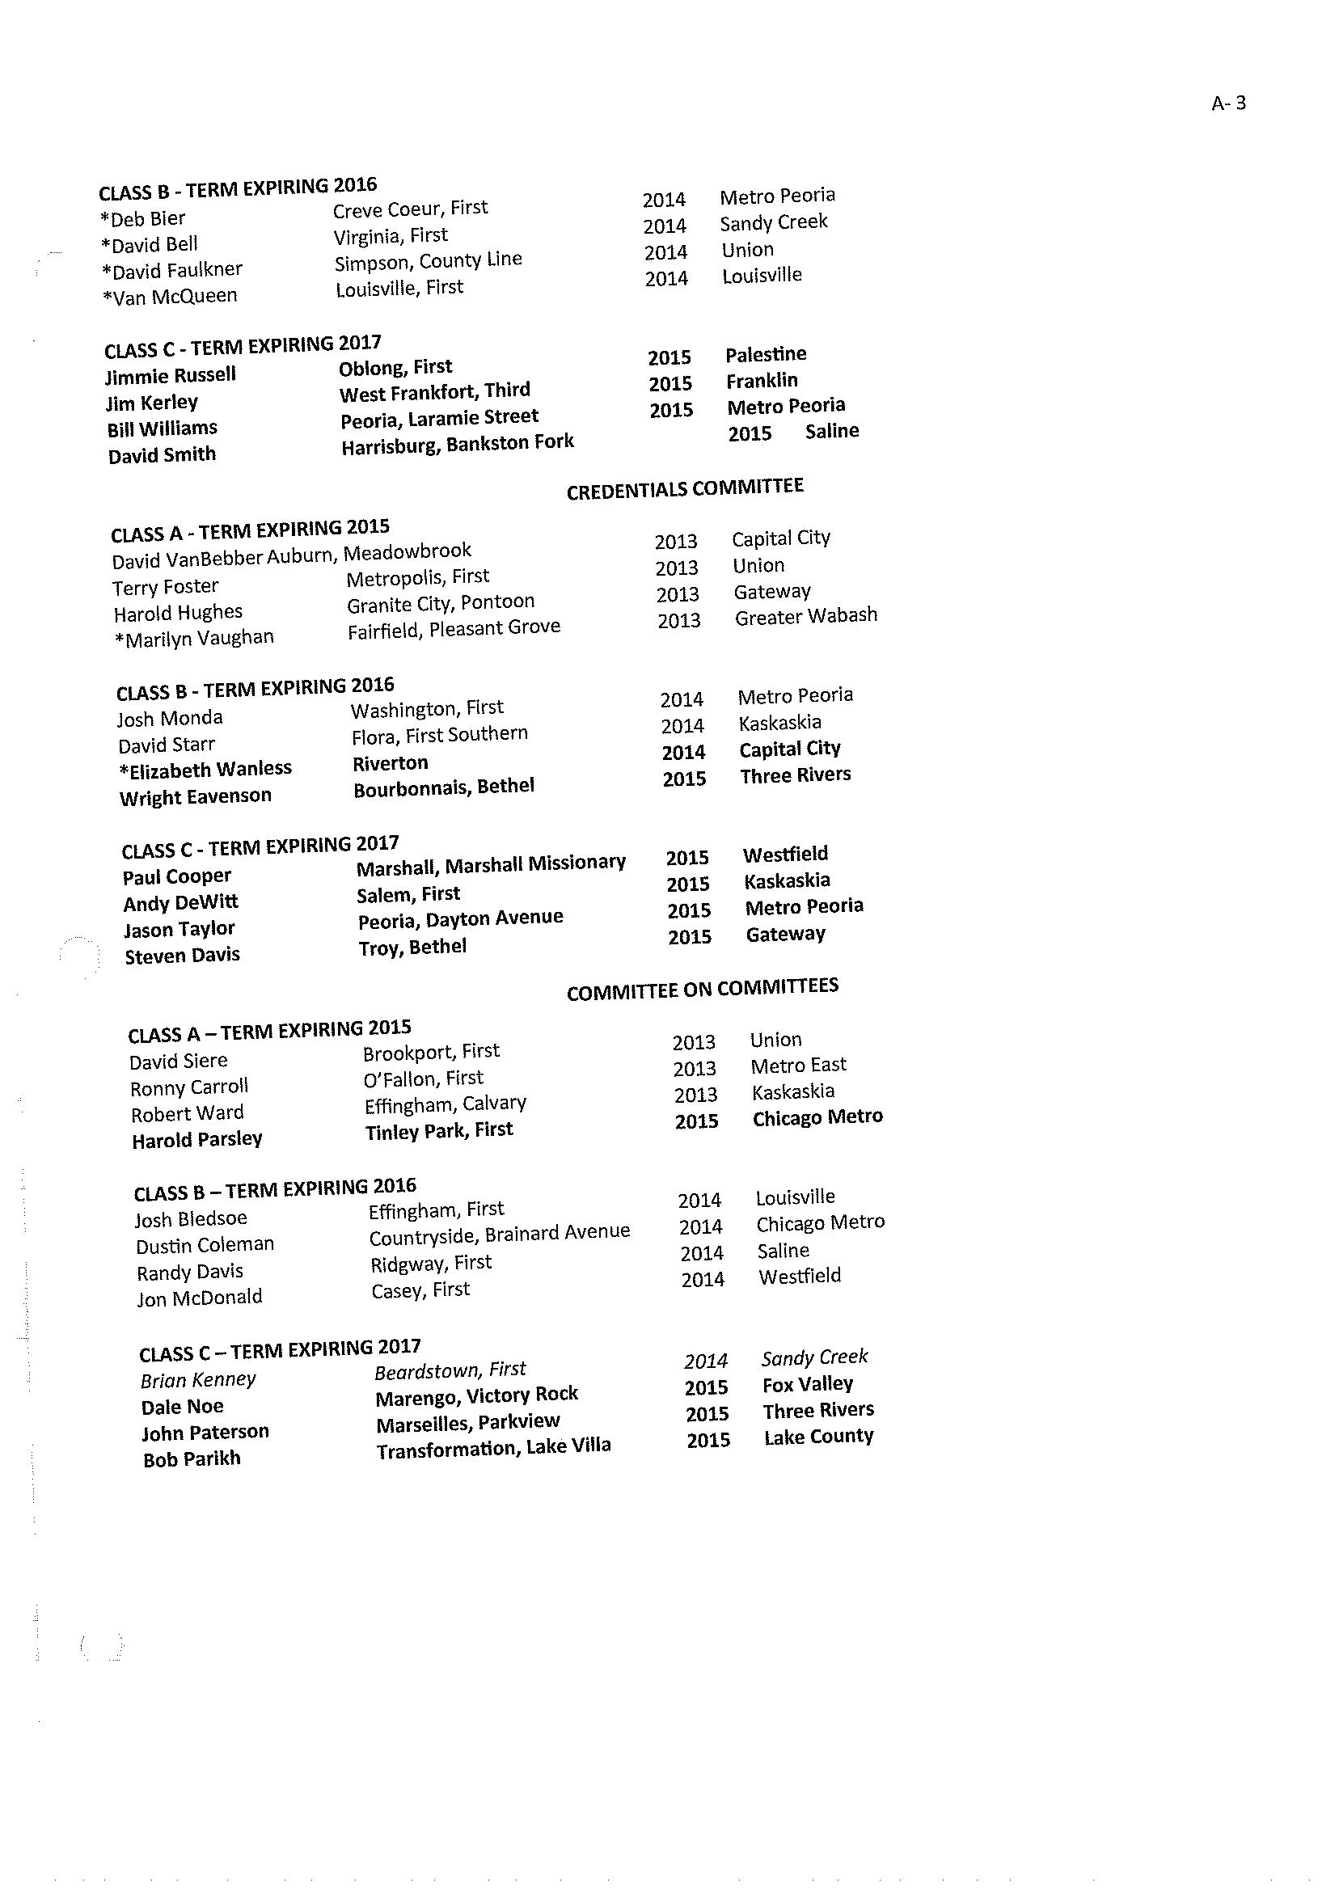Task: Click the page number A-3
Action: tap(1228, 103)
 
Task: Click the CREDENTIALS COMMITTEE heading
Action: tap(684, 488)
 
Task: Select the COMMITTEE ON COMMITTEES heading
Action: tap(703, 989)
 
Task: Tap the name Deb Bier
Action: tap(142, 219)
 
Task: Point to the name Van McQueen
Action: tap(170, 296)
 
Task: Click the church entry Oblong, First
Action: tap(395, 367)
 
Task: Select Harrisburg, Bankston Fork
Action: tap(458, 445)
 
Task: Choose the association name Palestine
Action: tap(766, 354)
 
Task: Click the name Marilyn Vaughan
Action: tap(195, 638)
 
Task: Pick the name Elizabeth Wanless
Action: tap(205, 769)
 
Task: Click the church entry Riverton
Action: tap(390, 763)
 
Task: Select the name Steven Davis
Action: tap(182, 956)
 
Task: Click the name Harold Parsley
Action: tap(197, 1139)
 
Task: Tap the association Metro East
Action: tap(798, 1066)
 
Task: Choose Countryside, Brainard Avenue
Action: tap(499, 1235)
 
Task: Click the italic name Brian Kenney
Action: tap(198, 1380)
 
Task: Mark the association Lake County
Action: tap(818, 1436)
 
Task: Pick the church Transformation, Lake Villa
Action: tap(493, 1447)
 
